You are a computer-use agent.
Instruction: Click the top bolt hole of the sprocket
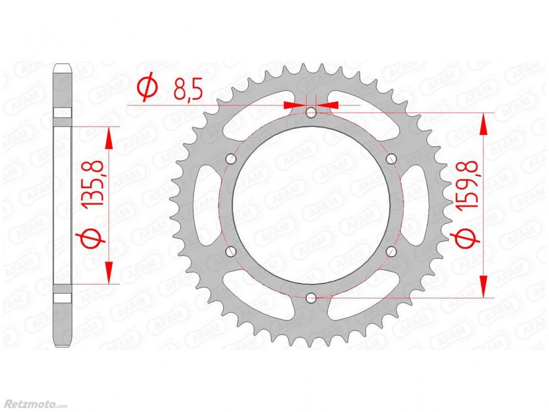tap(311, 113)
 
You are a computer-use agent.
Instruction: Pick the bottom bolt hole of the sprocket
tap(311, 298)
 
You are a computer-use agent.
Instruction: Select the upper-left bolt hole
tap(231, 159)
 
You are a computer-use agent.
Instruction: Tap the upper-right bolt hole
tap(391, 159)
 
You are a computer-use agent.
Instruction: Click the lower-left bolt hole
tap(231, 251)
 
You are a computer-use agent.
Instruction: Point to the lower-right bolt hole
tap(391, 251)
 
